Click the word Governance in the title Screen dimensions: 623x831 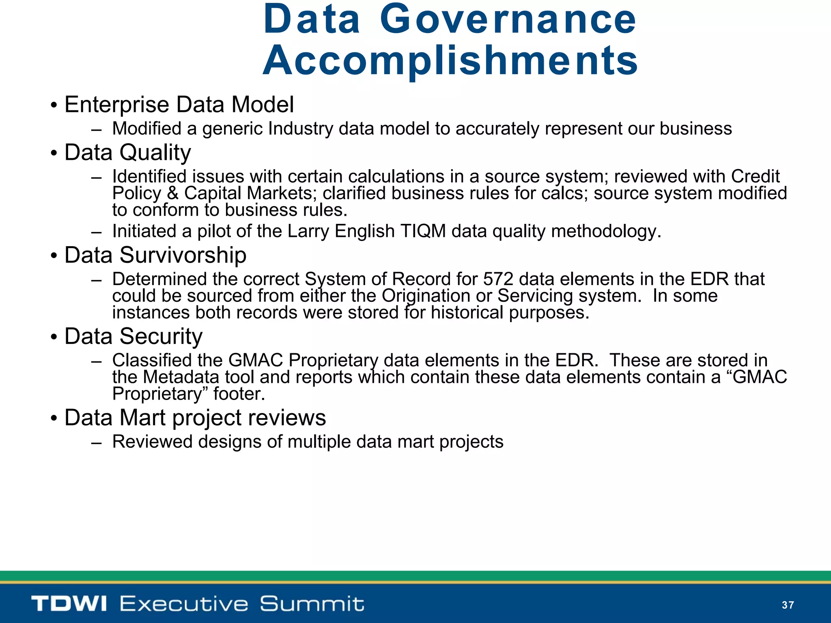(508, 19)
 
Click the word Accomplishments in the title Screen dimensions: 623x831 (450, 61)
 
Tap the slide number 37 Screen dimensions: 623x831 (788, 605)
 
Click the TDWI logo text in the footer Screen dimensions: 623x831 (69, 604)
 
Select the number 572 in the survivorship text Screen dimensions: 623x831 (498, 279)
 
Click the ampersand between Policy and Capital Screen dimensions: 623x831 (172, 193)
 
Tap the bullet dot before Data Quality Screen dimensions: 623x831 (54, 155)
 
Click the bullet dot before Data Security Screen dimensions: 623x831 (54, 338)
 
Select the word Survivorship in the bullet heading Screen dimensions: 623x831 (183, 255)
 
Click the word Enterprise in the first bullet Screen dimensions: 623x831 (117, 105)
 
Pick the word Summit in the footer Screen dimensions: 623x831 (312, 604)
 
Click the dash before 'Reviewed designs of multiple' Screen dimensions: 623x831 (96, 443)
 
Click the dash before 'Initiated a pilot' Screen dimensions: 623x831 (96, 232)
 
